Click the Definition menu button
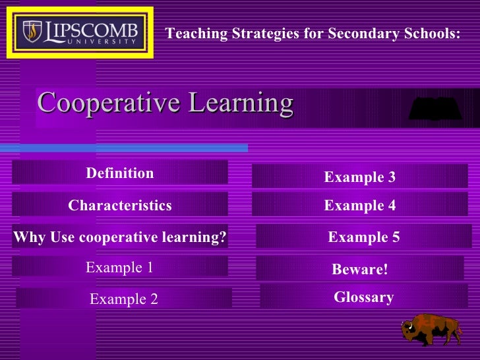pyautogui.click(x=120, y=173)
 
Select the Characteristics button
pyautogui.click(x=120, y=205)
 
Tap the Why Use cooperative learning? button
pyautogui.click(x=120, y=237)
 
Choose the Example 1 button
pyautogui.click(x=120, y=267)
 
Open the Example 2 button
pyautogui.click(x=124, y=299)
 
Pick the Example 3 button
pyautogui.click(x=360, y=177)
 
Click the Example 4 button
pyautogui.click(x=360, y=205)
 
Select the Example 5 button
pyautogui.click(x=364, y=237)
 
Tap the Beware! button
pyautogui.click(x=360, y=269)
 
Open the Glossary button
pyautogui.click(x=364, y=297)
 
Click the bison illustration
pyautogui.click(x=432, y=329)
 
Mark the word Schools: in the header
pyautogui.click(x=434, y=34)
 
